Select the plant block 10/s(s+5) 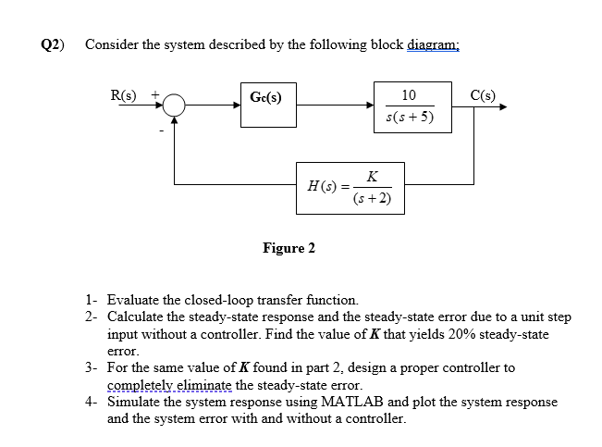(409, 106)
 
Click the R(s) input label (123, 94)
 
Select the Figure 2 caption (289, 248)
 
